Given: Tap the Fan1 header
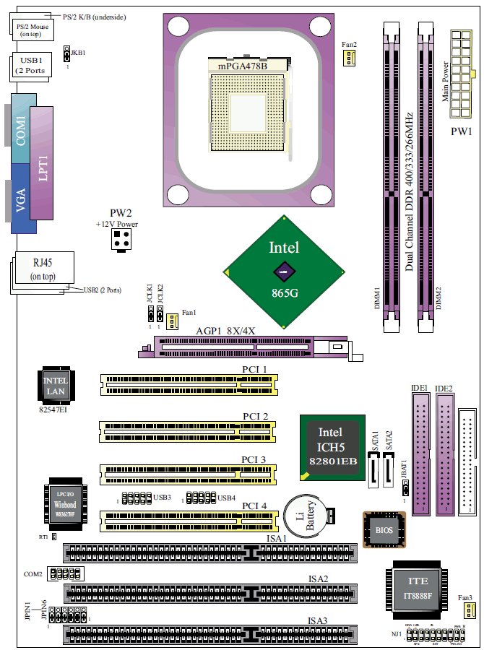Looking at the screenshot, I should (x=173, y=319).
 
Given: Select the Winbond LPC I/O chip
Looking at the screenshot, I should (x=62, y=503).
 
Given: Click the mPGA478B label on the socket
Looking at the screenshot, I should (x=242, y=66).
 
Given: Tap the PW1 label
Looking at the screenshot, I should (x=461, y=131).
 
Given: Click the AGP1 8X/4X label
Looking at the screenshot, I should (x=226, y=331).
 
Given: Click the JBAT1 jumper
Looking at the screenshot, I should (x=405, y=487).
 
